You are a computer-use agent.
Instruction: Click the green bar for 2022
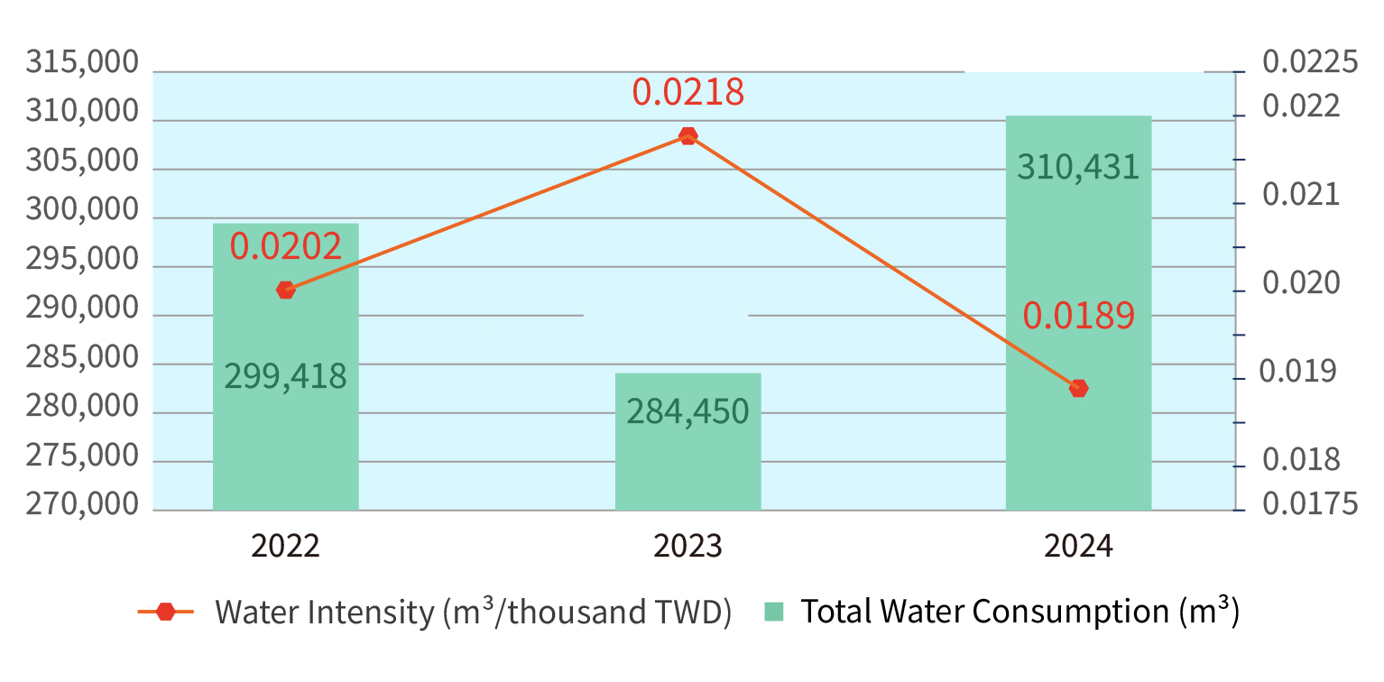tap(285, 433)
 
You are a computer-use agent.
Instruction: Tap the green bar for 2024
tap(1078, 271)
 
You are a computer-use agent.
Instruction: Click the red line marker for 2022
tap(286, 290)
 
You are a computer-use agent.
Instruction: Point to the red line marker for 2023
tap(687, 136)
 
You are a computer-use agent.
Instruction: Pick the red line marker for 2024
tap(1078, 388)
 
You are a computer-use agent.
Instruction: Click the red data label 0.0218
tap(687, 92)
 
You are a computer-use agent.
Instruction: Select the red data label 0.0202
tap(285, 246)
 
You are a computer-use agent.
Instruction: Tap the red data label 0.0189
tap(1078, 316)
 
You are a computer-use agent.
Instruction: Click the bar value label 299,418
tap(285, 376)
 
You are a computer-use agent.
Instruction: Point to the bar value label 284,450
tap(687, 412)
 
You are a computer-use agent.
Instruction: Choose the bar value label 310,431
tap(1078, 167)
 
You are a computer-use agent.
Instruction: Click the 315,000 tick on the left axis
tap(82, 64)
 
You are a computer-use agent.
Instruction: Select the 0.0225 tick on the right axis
tap(1310, 63)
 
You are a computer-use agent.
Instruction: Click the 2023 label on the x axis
tap(687, 547)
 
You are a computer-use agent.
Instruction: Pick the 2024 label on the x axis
tap(1078, 547)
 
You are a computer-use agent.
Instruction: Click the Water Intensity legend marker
tap(166, 612)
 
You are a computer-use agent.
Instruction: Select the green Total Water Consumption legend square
tap(773, 612)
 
